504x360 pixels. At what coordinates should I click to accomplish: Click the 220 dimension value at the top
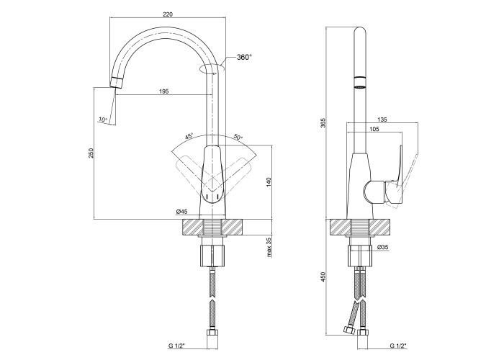[168, 14]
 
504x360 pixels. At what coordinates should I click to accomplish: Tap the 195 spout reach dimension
[164, 91]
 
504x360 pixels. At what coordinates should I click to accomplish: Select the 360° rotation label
[244, 57]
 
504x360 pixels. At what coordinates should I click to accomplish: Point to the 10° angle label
[103, 120]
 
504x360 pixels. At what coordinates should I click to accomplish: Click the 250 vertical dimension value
[91, 153]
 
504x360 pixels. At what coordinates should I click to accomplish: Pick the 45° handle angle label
[189, 136]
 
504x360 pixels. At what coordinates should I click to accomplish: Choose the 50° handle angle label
[238, 137]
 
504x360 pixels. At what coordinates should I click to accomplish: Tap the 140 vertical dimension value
[269, 182]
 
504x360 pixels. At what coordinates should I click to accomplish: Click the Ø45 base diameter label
[181, 211]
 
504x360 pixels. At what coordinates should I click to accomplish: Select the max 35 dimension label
[269, 247]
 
